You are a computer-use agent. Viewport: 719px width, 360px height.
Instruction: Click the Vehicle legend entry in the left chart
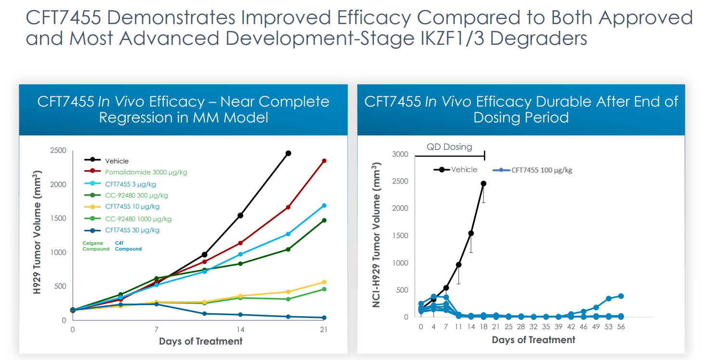[x=117, y=161]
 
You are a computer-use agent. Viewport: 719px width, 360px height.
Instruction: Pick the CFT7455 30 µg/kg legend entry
[x=132, y=230]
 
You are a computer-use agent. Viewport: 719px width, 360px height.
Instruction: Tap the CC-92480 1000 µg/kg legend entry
[x=138, y=218]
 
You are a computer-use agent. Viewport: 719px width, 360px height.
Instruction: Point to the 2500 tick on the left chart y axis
[x=58, y=150]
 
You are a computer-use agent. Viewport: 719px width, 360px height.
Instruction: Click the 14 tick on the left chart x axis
[x=240, y=330]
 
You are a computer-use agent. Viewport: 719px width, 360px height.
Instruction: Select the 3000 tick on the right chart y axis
[x=400, y=154]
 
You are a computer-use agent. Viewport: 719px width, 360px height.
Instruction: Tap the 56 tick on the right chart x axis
[x=621, y=327]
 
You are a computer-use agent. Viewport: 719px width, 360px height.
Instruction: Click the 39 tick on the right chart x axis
[x=559, y=327]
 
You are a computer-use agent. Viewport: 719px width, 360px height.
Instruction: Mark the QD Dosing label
[x=449, y=147]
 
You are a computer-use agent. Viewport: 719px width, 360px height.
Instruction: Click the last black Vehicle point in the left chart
[x=288, y=153]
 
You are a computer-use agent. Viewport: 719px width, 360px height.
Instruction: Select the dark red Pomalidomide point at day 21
[x=324, y=161]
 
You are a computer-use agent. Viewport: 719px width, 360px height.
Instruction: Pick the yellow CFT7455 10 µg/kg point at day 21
[x=324, y=282]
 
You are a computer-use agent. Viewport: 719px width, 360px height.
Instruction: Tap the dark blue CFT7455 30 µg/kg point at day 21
[x=324, y=318]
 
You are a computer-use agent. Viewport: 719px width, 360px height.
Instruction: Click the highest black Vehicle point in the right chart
[x=483, y=184]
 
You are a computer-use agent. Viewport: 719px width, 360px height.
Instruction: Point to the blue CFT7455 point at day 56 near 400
[x=621, y=296]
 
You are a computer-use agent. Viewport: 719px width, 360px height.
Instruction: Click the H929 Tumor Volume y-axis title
[x=37, y=235]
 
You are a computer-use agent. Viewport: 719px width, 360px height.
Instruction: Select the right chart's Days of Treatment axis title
[x=533, y=340]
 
